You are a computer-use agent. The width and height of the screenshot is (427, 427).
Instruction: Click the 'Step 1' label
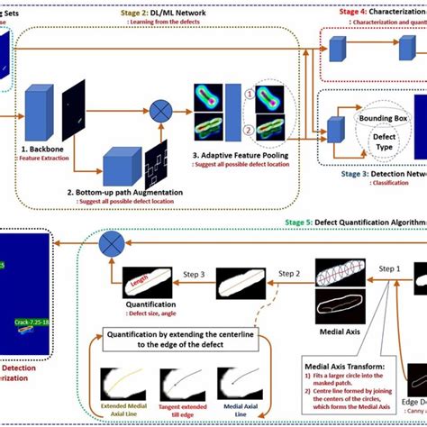388,269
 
